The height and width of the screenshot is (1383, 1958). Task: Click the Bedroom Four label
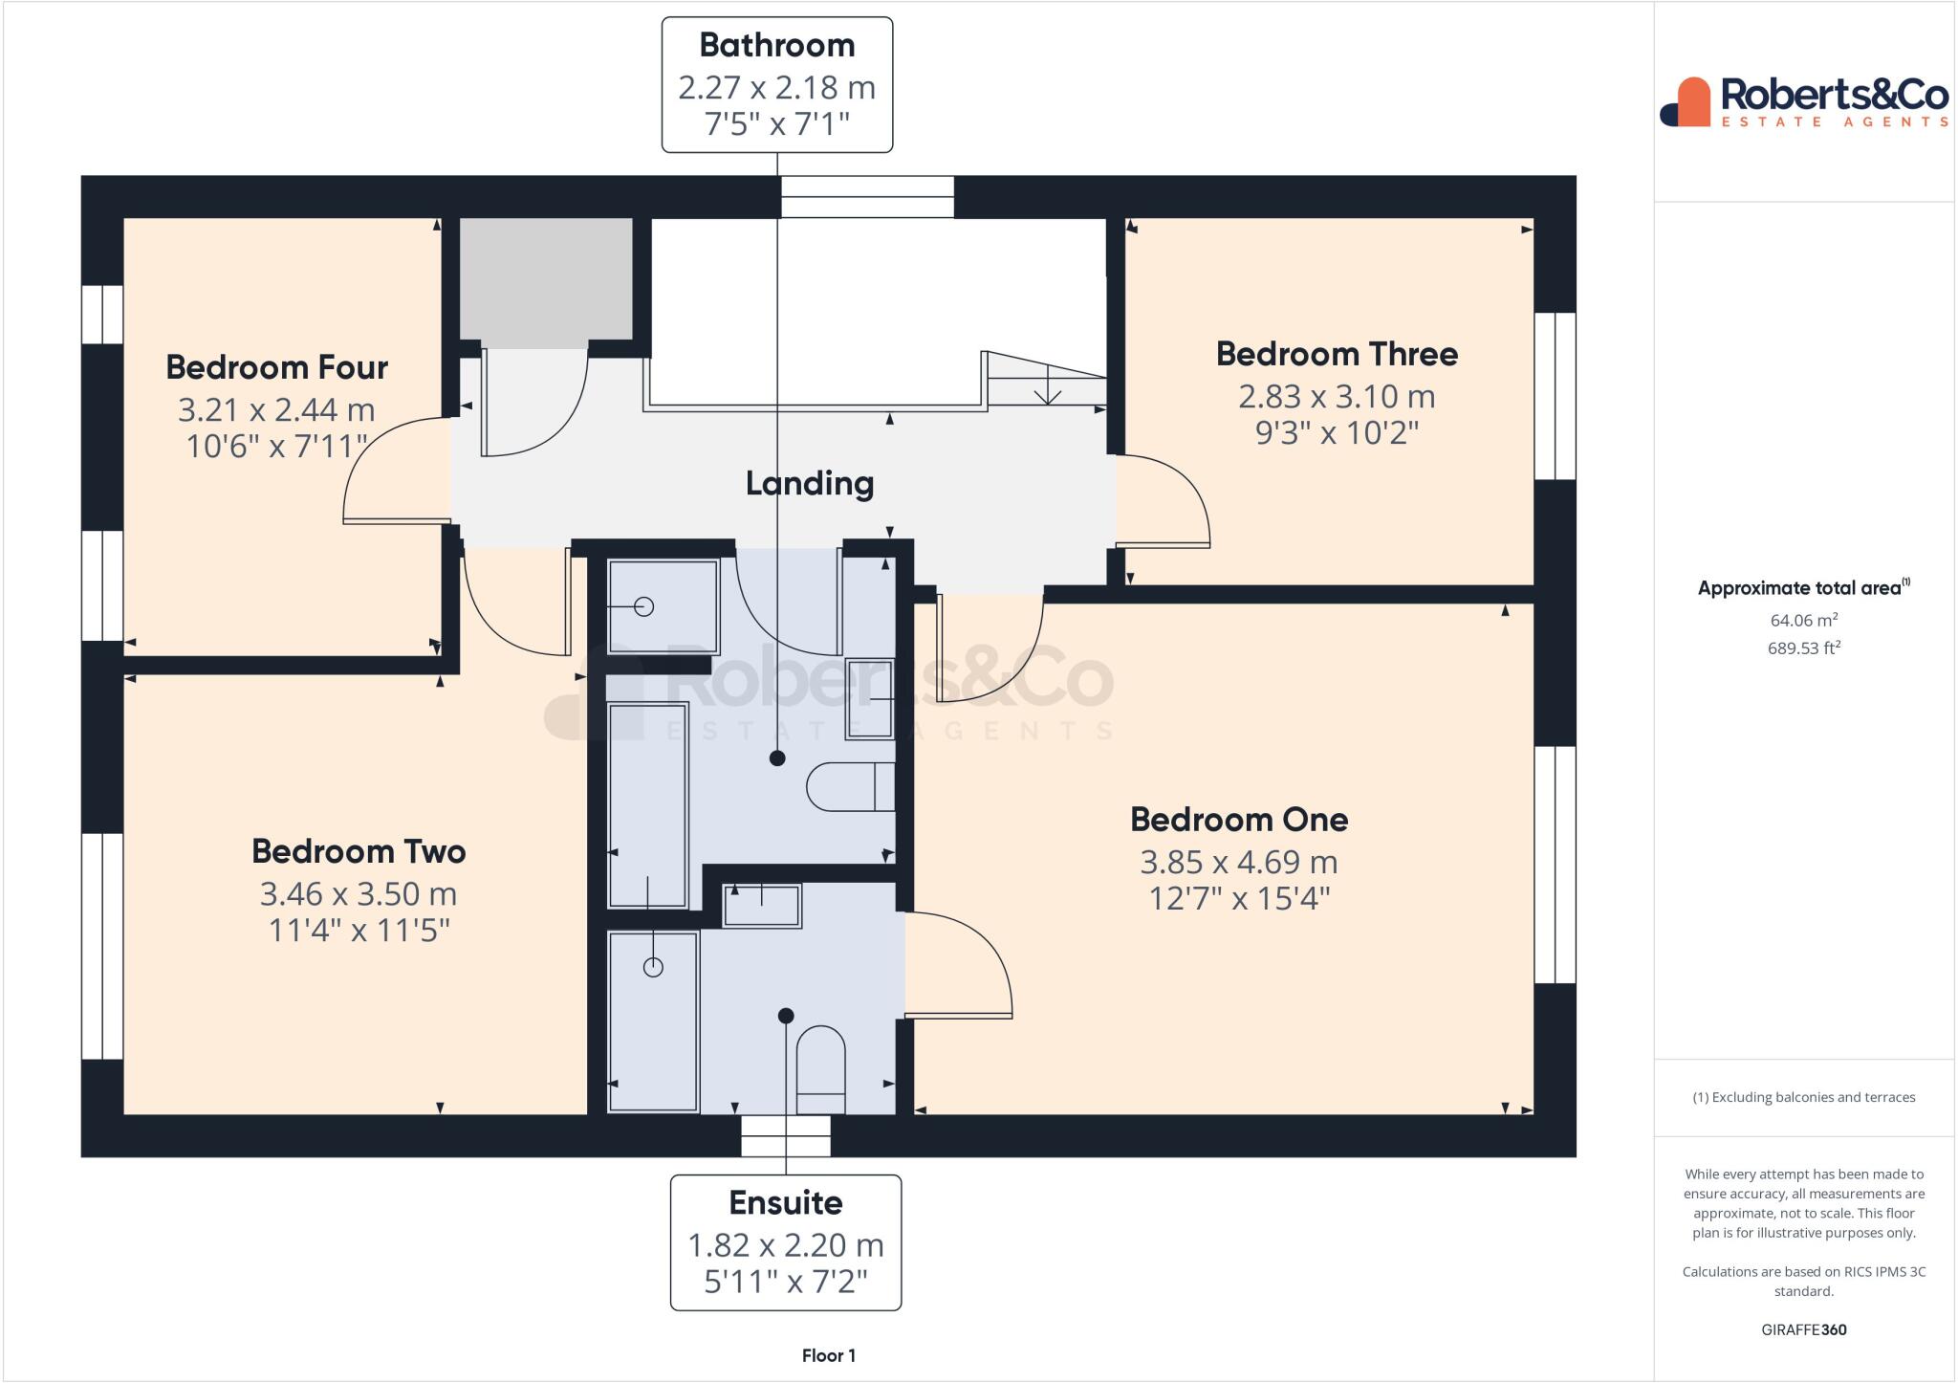[x=276, y=367]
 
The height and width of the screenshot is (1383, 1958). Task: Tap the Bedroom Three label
[x=1337, y=354]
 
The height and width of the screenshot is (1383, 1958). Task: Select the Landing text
[x=810, y=483]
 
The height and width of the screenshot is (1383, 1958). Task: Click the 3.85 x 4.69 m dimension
[x=1238, y=862]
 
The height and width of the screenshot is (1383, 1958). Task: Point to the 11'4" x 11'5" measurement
[x=359, y=930]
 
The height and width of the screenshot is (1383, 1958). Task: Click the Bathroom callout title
[x=776, y=45]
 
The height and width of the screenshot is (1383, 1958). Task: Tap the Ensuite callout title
[x=785, y=1202]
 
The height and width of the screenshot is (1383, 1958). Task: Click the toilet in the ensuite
[x=820, y=1069]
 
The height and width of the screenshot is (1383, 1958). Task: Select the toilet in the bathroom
[x=850, y=787]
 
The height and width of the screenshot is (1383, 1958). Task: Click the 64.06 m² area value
[x=1803, y=620]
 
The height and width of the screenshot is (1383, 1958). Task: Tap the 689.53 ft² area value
[x=1803, y=648]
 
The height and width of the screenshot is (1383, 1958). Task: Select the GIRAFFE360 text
[x=1803, y=1329]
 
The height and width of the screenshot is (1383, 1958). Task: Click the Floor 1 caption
[x=828, y=1355]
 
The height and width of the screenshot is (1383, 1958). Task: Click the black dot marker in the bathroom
[x=777, y=757]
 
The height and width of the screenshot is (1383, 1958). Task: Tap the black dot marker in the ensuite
[x=786, y=1015]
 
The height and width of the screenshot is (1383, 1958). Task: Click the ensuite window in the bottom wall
[x=786, y=1136]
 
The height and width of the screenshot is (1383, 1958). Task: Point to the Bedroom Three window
[x=1555, y=396]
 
